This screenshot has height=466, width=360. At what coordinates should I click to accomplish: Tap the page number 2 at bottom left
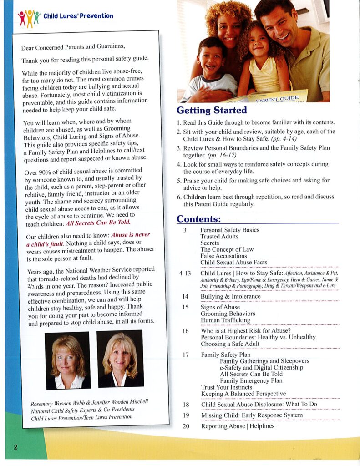15,447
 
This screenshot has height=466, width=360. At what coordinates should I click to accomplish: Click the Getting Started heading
212,111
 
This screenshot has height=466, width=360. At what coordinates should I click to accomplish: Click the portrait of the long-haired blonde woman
120,359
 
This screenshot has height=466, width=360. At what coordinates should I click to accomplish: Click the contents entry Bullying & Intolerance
231,297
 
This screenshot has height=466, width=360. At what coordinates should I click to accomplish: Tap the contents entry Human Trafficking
225,320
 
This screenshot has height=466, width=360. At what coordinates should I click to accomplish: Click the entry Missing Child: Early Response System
252,415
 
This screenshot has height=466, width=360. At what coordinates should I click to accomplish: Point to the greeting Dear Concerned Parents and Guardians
72,47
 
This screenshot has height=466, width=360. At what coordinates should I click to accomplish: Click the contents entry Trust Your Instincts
226,387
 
